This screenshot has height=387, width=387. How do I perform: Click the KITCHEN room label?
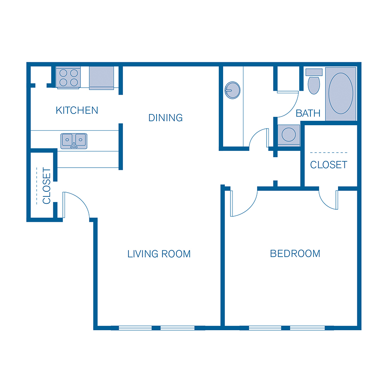pyautogui.click(x=77, y=111)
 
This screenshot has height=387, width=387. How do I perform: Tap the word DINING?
pyautogui.click(x=166, y=117)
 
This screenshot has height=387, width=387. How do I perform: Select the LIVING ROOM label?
pyautogui.click(x=159, y=254)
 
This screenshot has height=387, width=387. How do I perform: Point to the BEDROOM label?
pyautogui.click(x=295, y=254)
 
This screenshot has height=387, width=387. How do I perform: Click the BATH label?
pyautogui.click(x=308, y=114)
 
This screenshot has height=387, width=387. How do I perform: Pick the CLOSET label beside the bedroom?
pyautogui.click(x=329, y=165)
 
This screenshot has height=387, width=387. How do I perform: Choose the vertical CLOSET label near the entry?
pyautogui.click(x=46, y=186)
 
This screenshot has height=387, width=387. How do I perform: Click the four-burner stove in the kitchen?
pyautogui.click(x=68, y=77)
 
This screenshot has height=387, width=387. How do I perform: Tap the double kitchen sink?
pyautogui.click(x=74, y=141)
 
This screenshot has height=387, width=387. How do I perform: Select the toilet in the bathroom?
pyautogui.click(x=314, y=82)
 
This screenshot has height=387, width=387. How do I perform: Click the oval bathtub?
pyautogui.click(x=341, y=93)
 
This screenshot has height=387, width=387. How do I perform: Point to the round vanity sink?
pyautogui.click(x=232, y=90)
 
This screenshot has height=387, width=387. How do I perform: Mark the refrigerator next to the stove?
pyautogui.click(x=101, y=77)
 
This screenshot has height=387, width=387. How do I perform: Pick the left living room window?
pyautogui.click(x=135, y=328)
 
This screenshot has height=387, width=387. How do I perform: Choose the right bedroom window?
pyautogui.click(x=307, y=328)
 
